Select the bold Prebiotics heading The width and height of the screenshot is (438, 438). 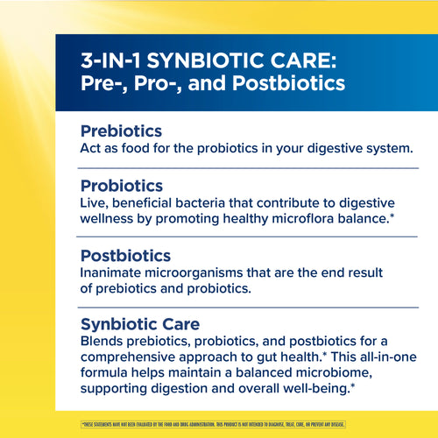pos(121,131)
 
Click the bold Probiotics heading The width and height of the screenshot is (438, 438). pos(122,186)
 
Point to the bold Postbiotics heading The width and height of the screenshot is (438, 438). pos(125,256)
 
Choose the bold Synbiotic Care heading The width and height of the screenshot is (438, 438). pos(140,324)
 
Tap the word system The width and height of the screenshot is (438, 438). pos(385,148)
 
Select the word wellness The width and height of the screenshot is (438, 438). pos(109,218)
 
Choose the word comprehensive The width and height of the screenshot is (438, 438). pos(136,357)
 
